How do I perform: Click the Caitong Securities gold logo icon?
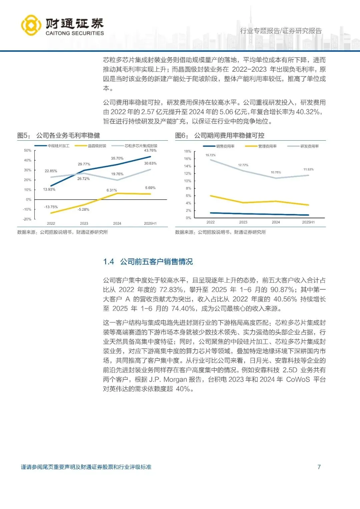31,25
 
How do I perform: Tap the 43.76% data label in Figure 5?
150,151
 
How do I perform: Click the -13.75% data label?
51,207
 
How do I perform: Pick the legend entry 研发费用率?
309,146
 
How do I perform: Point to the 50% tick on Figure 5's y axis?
27,151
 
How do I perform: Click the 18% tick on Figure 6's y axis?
188,151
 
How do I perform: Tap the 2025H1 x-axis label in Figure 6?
308,222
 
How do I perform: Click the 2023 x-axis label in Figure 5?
84,224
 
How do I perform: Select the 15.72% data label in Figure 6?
211,155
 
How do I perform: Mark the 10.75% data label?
276,172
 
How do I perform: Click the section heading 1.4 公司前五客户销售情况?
148,262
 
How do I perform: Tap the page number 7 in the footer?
319,467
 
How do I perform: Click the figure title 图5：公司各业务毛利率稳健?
59,135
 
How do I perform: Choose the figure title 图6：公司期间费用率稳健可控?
220,135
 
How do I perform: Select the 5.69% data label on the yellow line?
150,188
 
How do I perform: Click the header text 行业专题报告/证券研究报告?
281,31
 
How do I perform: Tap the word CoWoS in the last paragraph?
298,379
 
